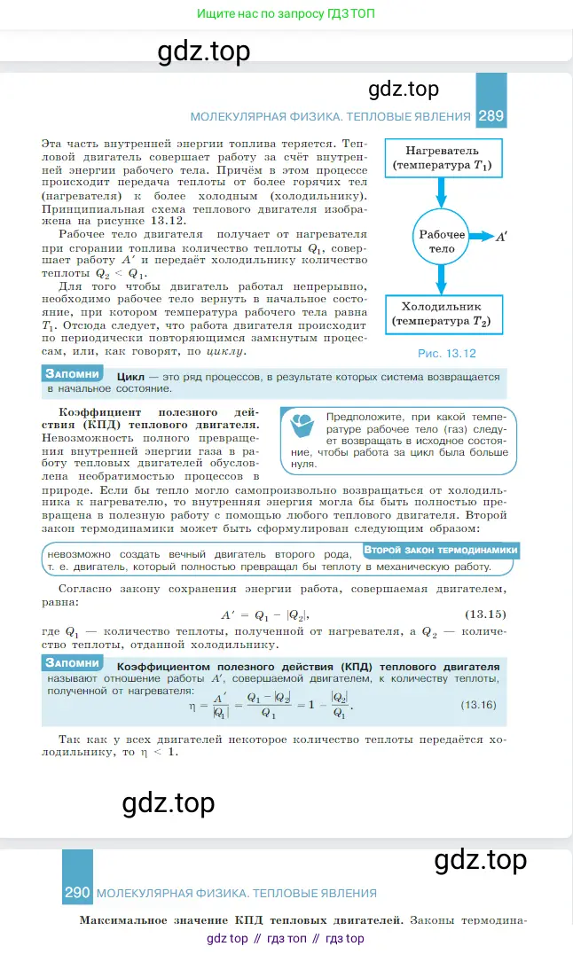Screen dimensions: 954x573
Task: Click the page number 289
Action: coord(491,116)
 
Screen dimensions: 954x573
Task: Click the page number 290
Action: coord(78,893)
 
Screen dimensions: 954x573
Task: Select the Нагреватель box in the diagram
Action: coord(441,158)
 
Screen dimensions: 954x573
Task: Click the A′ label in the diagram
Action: coord(502,237)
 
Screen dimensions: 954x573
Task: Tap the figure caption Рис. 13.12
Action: coord(447,353)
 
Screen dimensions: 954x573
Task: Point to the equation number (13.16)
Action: coord(479,705)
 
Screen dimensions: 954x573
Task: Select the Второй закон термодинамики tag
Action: coord(440,550)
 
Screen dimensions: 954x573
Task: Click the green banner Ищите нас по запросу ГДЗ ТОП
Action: coord(286,15)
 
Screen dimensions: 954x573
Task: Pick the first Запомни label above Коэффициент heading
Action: coord(73,374)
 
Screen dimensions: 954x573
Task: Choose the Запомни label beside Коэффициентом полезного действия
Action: coord(73,663)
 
